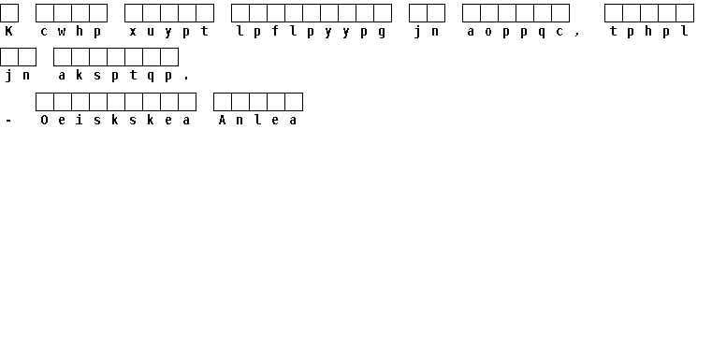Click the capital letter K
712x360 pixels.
[x=8, y=31]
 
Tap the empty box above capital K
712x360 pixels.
[x=9, y=13]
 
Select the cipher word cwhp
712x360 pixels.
[x=71, y=32]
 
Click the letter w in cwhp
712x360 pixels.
[x=62, y=32]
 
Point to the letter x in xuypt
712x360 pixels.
[x=133, y=32]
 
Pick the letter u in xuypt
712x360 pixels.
[x=151, y=32]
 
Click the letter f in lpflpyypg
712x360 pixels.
[x=275, y=31]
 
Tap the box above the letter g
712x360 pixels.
[x=383, y=13]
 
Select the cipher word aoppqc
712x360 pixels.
[x=516, y=32]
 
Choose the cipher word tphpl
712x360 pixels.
[x=649, y=32]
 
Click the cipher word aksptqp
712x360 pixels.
[x=115, y=76]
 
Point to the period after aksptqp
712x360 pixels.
[x=186, y=79]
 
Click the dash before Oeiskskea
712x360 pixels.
[x=8, y=121]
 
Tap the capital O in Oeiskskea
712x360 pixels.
[x=44, y=121]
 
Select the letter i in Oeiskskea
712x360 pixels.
[x=80, y=121]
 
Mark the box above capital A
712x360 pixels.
[x=223, y=102]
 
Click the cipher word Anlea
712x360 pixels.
[x=257, y=121]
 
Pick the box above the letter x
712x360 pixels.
[x=134, y=13]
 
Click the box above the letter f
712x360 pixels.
[x=276, y=13]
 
